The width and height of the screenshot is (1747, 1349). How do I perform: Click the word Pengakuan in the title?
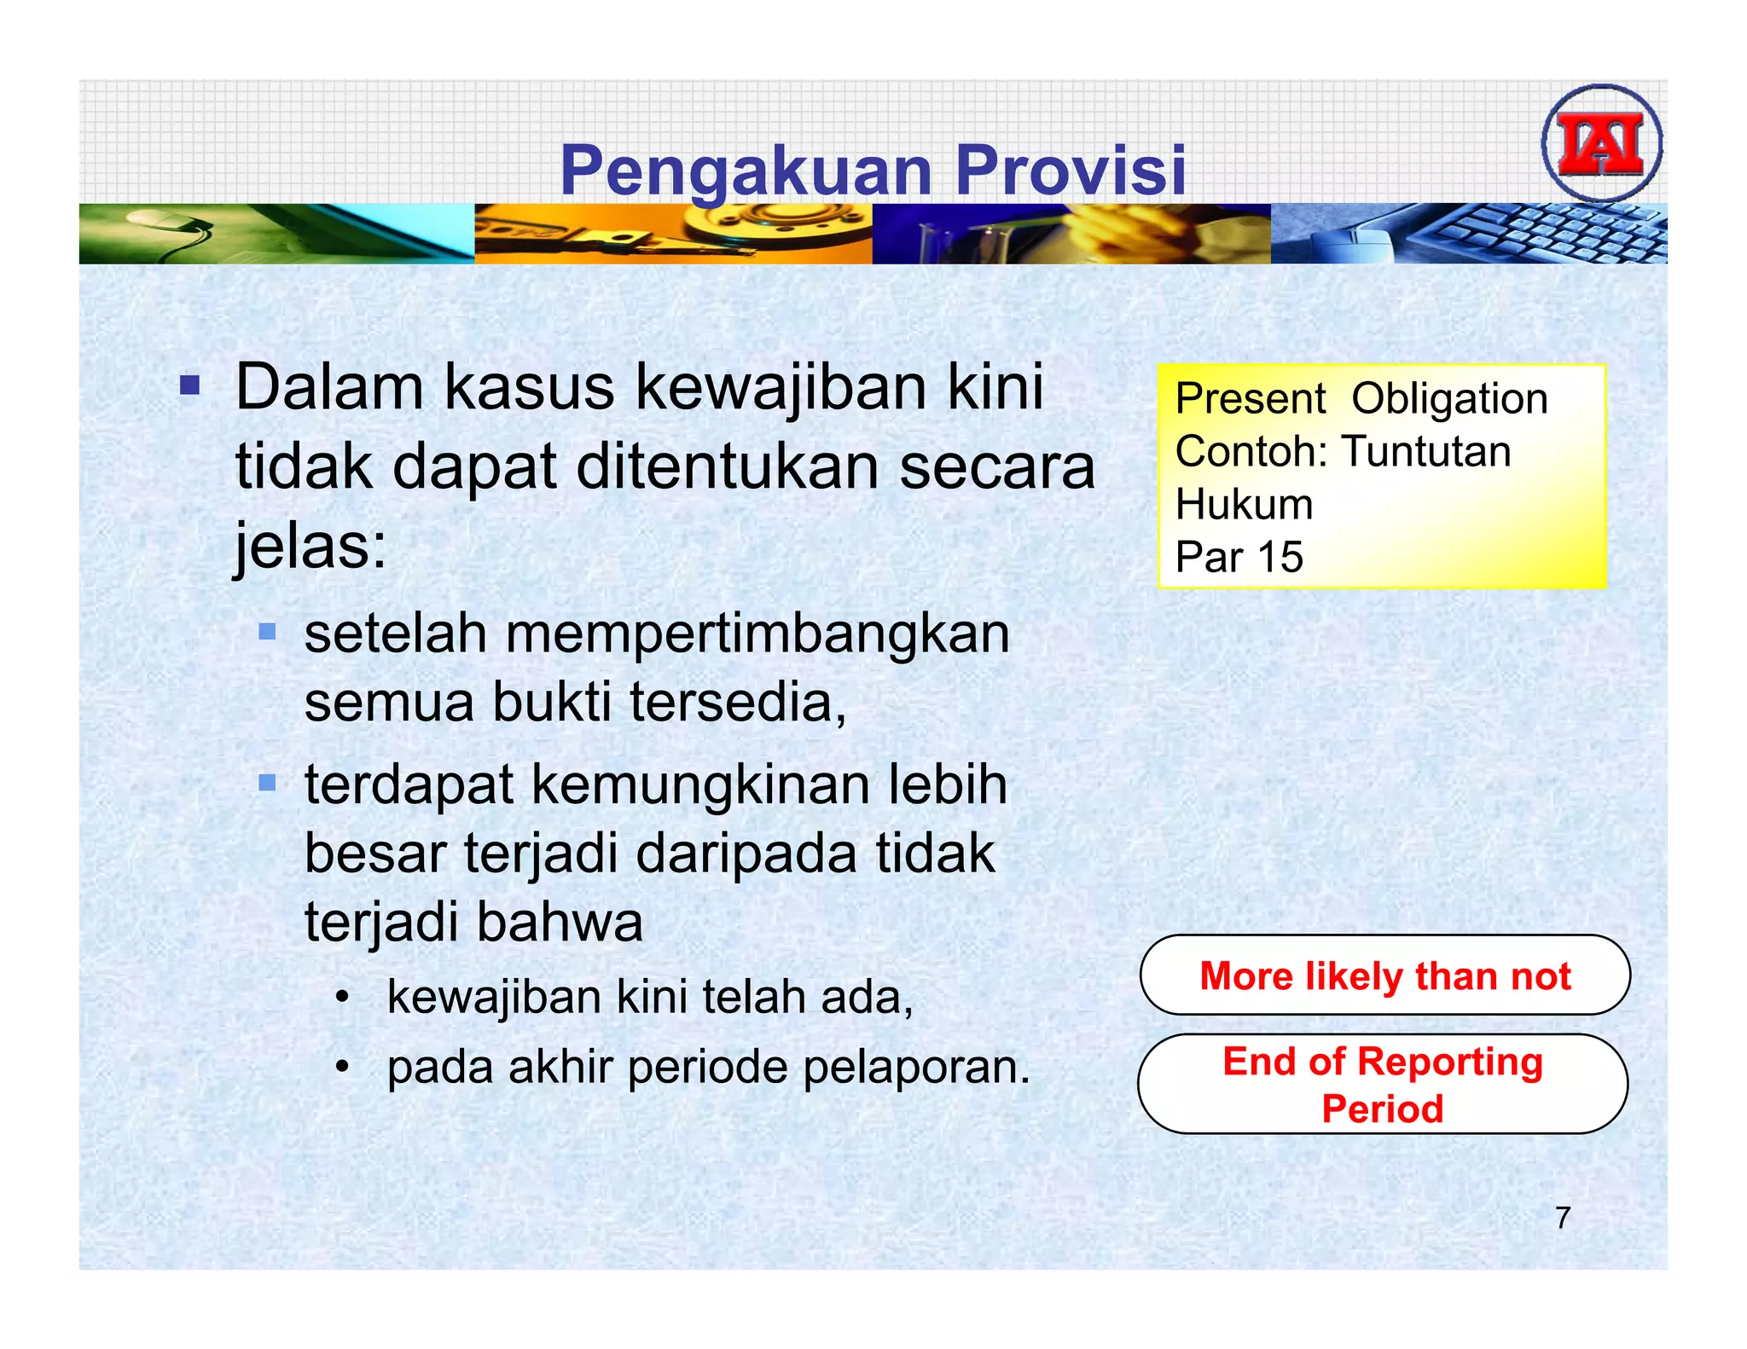746,171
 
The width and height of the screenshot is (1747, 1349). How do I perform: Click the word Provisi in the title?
1071,170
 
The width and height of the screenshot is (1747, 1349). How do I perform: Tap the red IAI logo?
1601,143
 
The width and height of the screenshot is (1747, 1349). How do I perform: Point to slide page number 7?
1562,1218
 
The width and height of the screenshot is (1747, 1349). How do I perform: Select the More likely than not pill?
1384,976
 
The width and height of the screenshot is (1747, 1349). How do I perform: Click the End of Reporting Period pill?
1383,1085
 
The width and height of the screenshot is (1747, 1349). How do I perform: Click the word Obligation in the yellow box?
1449,399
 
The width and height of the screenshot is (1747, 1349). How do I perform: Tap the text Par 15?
1239,558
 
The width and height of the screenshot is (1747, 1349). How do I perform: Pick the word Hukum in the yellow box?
1244,505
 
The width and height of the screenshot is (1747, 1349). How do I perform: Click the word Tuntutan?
1426,452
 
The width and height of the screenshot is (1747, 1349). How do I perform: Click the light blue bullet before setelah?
268,632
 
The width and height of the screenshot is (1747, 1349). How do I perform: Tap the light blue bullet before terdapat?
268,782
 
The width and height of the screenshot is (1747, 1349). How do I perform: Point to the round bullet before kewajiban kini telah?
342,997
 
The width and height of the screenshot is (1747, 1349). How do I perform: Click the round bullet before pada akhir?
342,1067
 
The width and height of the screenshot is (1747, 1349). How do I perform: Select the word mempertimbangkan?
757,634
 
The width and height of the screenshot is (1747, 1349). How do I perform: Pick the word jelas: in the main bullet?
311,546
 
